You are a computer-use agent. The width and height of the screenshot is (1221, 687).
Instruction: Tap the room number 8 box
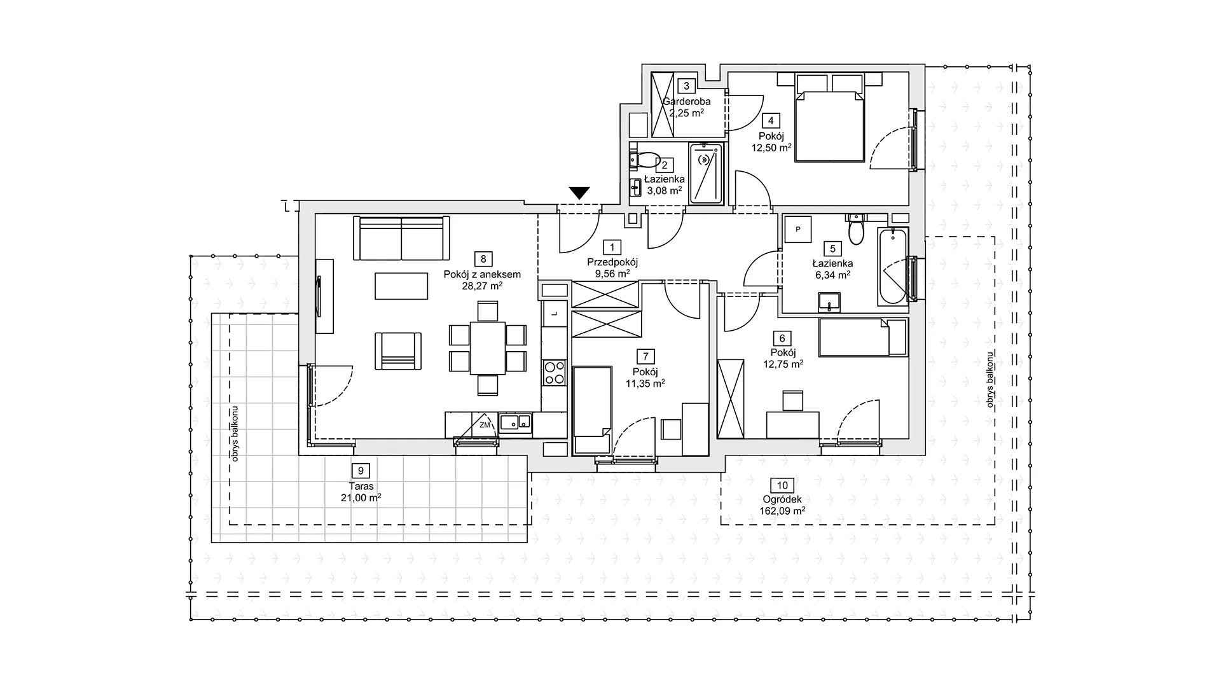tap(483, 259)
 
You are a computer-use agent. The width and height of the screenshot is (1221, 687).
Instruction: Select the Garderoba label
tap(687, 102)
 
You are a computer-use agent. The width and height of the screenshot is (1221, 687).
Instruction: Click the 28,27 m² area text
tap(483, 286)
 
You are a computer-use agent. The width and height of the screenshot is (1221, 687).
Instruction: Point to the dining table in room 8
tap(488, 348)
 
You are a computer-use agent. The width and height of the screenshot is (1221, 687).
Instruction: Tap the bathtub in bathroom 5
tap(893, 267)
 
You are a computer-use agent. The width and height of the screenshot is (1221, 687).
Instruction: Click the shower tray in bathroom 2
tap(707, 174)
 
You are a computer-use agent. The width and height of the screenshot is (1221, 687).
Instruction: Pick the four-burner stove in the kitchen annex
tap(554, 372)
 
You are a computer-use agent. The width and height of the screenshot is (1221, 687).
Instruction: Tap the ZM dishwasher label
tap(485, 425)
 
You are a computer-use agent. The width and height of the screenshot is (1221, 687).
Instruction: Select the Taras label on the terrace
tap(361, 487)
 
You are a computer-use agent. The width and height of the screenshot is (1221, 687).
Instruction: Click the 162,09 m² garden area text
tap(782, 510)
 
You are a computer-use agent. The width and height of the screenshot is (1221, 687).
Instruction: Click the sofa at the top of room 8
tap(401, 238)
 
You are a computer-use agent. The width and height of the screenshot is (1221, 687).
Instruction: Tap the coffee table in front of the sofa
tap(401, 286)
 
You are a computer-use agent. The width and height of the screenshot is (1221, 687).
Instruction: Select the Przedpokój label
tap(612, 262)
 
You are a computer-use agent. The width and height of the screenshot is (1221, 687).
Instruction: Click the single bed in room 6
tap(862, 337)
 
